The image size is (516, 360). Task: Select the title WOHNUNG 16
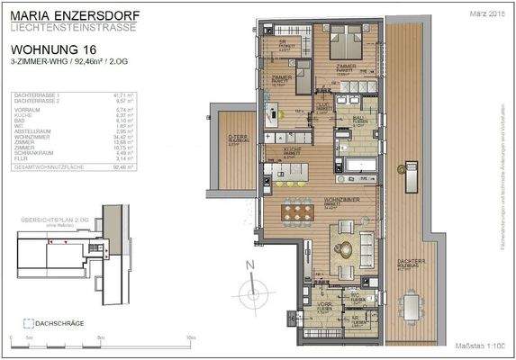tap(52, 50)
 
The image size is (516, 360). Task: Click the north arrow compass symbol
tap(250, 286)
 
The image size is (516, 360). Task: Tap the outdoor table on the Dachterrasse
tap(412, 303)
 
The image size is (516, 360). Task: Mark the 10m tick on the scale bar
tap(190, 337)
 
